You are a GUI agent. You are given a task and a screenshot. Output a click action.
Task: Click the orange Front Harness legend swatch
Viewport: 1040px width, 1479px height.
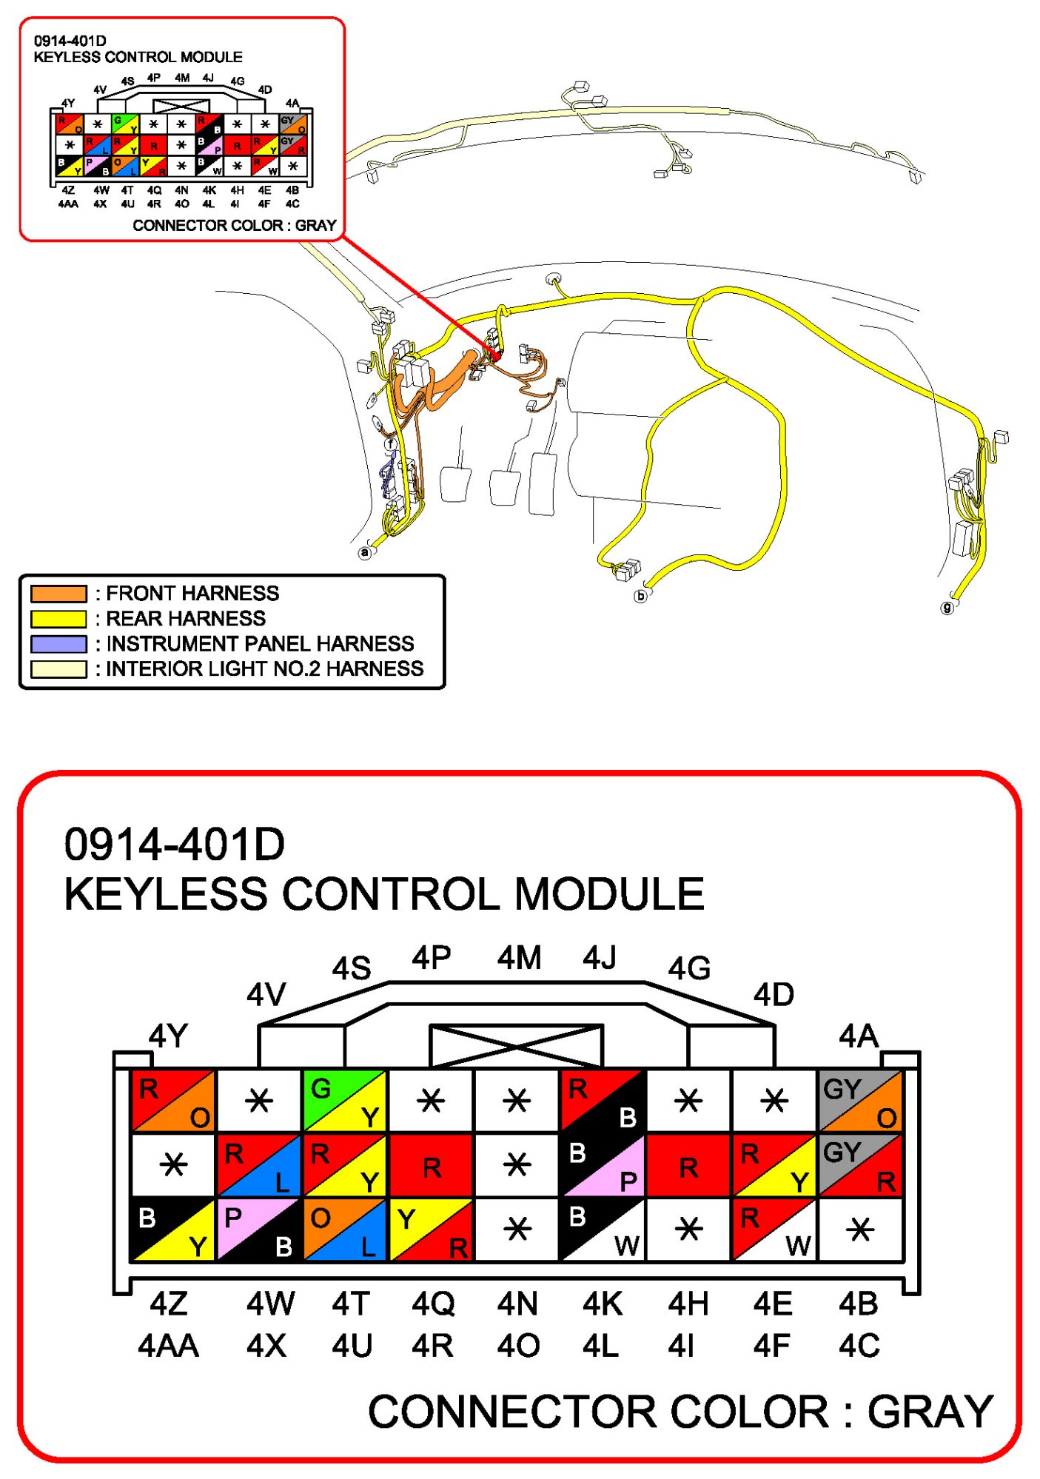(x=58, y=594)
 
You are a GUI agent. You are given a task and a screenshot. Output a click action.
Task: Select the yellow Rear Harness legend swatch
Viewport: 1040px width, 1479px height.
(x=58, y=619)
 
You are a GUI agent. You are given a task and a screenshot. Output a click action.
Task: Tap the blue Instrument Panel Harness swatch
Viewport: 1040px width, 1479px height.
(x=58, y=644)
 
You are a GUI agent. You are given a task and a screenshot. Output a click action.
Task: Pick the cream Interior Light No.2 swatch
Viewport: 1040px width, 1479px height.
(x=58, y=669)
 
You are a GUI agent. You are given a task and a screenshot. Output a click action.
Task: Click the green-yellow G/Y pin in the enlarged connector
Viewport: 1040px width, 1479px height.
(x=344, y=1101)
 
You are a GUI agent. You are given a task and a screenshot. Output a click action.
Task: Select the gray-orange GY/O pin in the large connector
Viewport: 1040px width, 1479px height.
(x=860, y=1101)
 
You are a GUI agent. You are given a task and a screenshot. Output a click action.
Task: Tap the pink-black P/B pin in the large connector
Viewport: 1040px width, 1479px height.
(x=258, y=1230)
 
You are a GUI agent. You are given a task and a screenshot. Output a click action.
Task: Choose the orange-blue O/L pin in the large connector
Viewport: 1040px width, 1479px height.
(x=344, y=1230)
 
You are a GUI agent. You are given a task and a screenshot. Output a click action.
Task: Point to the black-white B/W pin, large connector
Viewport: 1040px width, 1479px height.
(x=603, y=1230)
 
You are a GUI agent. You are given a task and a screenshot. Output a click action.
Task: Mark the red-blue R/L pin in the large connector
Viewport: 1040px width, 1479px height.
(x=258, y=1165)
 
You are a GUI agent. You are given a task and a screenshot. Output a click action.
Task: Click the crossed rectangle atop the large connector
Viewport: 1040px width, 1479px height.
(x=516, y=1045)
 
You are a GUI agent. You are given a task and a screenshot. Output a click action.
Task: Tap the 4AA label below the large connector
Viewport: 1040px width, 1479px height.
(x=168, y=1346)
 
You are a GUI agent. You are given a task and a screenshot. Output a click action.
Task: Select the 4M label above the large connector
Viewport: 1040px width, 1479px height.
(x=519, y=958)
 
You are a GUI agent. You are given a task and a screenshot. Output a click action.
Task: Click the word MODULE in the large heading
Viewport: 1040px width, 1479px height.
(x=608, y=894)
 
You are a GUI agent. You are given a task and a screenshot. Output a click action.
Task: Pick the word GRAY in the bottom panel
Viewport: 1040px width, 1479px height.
(x=930, y=1412)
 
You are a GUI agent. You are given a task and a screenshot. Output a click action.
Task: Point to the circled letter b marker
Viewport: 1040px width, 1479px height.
(x=641, y=596)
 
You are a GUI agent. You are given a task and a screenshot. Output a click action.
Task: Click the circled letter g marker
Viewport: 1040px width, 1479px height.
(x=947, y=608)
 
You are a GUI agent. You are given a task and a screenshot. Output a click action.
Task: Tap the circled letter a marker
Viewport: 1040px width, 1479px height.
(x=364, y=553)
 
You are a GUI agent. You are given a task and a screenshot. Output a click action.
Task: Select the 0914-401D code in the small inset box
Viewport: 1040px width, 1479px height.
(x=70, y=41)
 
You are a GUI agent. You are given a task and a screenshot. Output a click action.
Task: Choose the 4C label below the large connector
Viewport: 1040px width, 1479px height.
(x=859, y=1346)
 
